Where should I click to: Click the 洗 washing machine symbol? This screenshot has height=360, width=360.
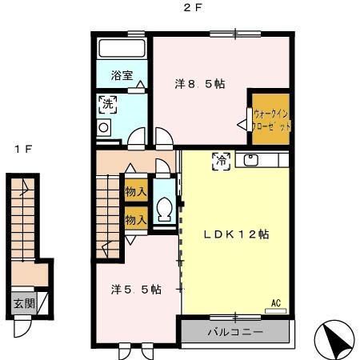point(107,103)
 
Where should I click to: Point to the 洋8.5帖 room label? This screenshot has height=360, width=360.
point(200,82)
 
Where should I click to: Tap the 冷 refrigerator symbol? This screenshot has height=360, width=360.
point(219,160)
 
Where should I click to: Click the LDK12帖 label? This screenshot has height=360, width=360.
point(234,235)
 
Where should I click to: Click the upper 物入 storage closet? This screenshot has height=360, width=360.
point(135,192)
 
